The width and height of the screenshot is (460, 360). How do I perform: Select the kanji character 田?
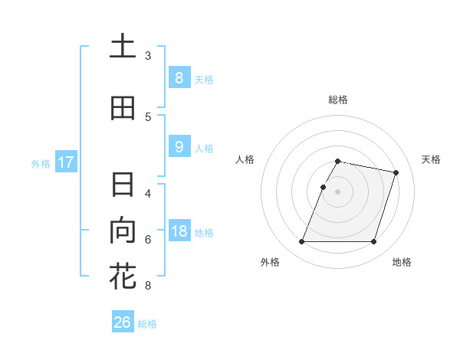point(123,109)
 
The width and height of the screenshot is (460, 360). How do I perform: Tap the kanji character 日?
point(123,185)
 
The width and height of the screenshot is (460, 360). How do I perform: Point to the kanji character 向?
point(123,231)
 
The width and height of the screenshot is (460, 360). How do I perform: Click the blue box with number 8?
point(179,77)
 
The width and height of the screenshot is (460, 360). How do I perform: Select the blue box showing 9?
point(179,148)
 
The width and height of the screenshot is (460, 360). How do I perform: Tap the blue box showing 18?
point(179,231)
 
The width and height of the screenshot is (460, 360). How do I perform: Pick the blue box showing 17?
point(66,162)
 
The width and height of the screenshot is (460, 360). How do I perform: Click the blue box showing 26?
point(123,322)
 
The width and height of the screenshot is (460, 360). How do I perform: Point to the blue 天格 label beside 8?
point(204,79)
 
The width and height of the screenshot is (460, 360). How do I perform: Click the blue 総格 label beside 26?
point(147,324)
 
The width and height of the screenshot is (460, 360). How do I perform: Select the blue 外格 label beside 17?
point(41,163)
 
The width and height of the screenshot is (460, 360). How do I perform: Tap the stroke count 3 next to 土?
point(148,55)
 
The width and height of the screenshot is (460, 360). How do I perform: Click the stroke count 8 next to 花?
point(148,286)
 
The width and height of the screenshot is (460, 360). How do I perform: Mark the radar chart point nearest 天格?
point(396,173)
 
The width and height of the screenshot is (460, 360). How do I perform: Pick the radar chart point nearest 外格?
point(302,242)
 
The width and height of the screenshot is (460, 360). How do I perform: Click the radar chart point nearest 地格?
point(373,242)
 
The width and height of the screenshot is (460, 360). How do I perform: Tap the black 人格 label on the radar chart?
point(245,159)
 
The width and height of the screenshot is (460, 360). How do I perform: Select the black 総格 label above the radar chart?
point(338,100)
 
